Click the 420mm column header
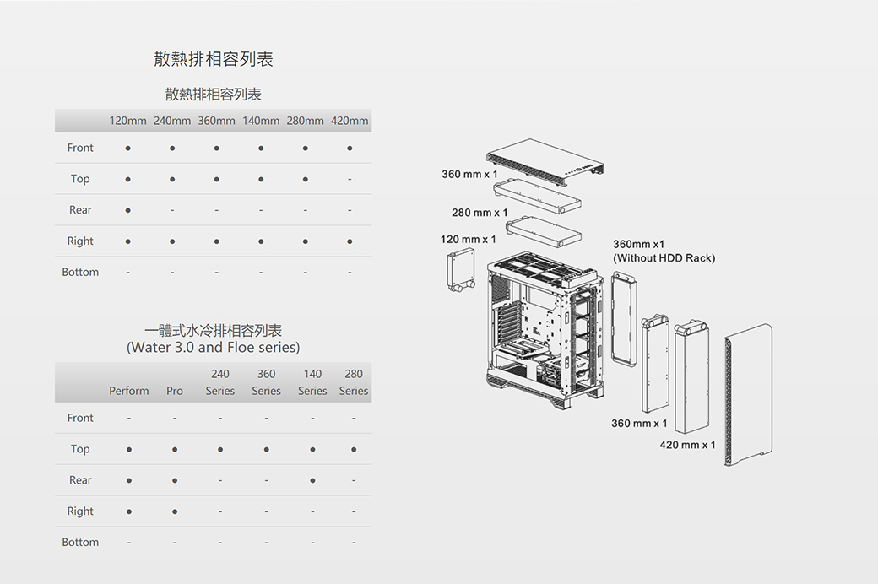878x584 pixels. [350, 121]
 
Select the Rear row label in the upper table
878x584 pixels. [80, 210]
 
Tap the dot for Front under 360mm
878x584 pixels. [216, 149]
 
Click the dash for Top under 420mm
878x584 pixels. [350, 180]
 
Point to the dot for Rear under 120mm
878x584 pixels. [127, 210]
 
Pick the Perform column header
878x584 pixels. [128, 391]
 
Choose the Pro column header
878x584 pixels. [175, 391]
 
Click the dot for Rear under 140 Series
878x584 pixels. [312, 480]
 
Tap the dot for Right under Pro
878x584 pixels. [175, 511]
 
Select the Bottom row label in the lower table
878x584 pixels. [80, 542]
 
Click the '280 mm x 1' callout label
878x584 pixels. [480, 213]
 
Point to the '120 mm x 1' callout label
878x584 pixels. [469, 240]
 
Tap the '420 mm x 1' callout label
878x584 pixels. [687, 445]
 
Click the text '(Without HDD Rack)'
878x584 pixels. [664, 258]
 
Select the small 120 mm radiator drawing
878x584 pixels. [459, 272]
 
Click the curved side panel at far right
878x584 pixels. [748, 395]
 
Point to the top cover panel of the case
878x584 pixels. [546, 160]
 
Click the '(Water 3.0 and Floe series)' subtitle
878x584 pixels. [213, 347]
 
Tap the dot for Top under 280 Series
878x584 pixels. [354, 449]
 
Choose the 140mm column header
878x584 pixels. [261, 121]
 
